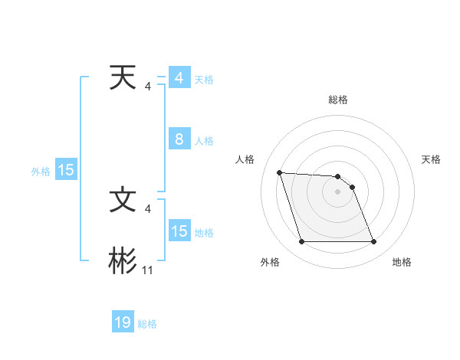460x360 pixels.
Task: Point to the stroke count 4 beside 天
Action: pos(147,87)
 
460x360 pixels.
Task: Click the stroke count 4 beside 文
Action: pos(147,208)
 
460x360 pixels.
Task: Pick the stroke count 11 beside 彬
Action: pos(148,270)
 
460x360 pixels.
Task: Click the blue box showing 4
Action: pos(179,78)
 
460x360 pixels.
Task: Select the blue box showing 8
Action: pos(179,139)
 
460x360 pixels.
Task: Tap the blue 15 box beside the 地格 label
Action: pos(179,231)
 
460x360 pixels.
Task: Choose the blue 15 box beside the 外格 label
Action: pos(65,170)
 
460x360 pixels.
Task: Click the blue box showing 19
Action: pos(123,322)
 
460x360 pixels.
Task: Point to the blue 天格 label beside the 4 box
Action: pos(204,80)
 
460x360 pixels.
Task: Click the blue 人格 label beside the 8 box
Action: pos(204,141)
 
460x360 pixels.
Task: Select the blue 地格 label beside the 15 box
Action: pos(204,232)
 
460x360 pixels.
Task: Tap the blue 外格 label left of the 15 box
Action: pos(41,172)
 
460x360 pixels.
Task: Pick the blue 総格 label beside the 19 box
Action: pos(147,324)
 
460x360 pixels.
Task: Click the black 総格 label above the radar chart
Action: pos(337,100)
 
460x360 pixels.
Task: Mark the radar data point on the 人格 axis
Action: pos(279,172)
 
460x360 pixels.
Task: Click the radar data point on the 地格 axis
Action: pos(373,242)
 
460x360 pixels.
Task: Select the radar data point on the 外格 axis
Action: pos(301,242)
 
